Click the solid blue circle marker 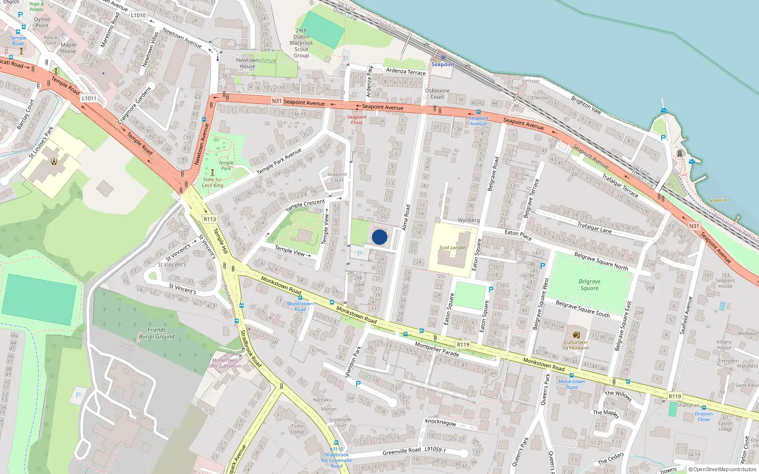pyautogui.click(x=379, y=237)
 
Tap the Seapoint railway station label pyautogui.click(x=443, y=64)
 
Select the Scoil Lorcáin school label pyautogui.click(x=452, y=247)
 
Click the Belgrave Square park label pyautogui.click(x=589, y=284)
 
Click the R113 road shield pyautogui.click(x=210, y=219)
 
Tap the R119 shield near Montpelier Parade pyautogui.click(x=463, y=345)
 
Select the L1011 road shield pyautogui.click(x=89, y=98)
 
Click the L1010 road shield pyautogui.click(x=138, y=15)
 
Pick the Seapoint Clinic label pyautogui.click(x=356, y=119)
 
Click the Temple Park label pyautogui.click(x=226, y=165)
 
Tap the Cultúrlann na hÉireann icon pyautogui.click(x=576, y=335)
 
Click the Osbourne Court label pyautogui.click(x=437, y=93)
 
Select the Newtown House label pyautogui.click(x=247, y=63)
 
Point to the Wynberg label pyautogui.click(x=468, y=220)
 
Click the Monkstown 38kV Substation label pyautogui.click(x=224, y=363)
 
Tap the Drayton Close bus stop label pyautogui.click(x=703, y=416)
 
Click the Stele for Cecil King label pyautogui.click(x=213, y=182)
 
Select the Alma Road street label pyautogui.click(x=406, y=218)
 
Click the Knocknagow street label pyautogui.click(x=441, y=422)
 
